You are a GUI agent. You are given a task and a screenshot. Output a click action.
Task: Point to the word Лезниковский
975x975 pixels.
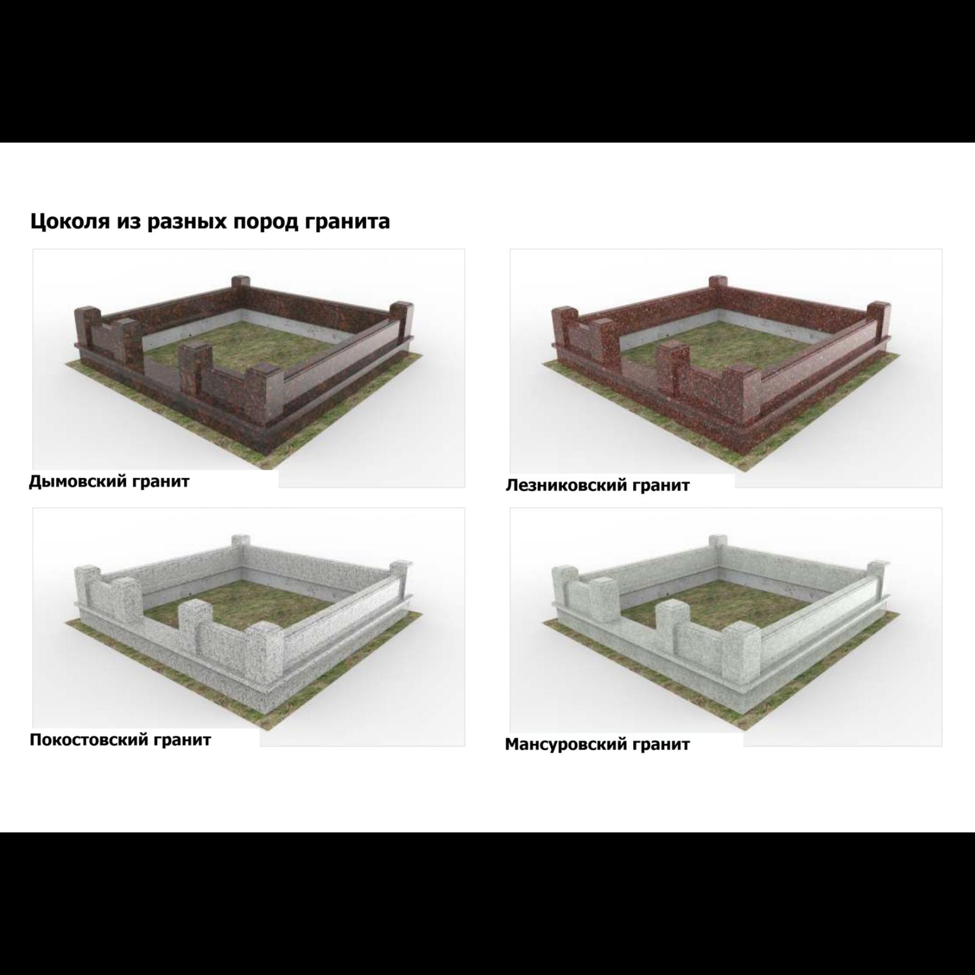pos(566,486)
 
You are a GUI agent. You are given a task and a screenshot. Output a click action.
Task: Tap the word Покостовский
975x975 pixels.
pos(89,740)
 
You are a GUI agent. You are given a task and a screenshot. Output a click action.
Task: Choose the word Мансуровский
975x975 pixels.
pos(566,744)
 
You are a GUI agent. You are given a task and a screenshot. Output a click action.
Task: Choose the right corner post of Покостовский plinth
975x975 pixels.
pos(402,579)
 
